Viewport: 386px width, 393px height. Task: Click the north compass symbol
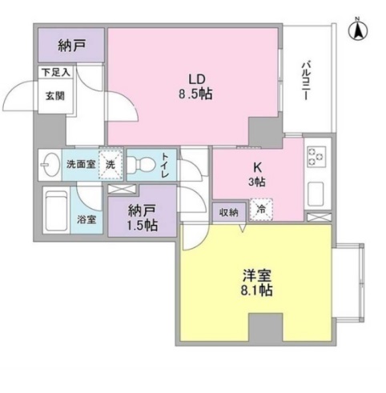[358, 30]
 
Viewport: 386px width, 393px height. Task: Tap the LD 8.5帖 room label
[195, 87]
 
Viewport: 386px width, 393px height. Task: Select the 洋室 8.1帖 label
[257, 283]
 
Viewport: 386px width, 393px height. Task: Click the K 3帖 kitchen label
[257, 174]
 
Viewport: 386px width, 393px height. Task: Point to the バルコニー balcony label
[306, 81]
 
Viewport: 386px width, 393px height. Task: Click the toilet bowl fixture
[141, 163]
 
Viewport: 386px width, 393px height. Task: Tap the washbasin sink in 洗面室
[50, 165]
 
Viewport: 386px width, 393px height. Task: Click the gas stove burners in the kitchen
[316, 157]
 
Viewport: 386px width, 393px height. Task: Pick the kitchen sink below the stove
[316, 194]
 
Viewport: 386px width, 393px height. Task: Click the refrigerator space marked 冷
[261, 210]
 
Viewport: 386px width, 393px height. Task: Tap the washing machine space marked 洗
[111, 165]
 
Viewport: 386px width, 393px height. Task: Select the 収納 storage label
[229, 213]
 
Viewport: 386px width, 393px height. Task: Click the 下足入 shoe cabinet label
[55, 72]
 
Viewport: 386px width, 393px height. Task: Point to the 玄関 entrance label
[55, 96]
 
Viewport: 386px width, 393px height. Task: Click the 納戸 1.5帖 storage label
[142, 218]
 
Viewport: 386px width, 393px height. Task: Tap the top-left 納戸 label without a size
[71, 46]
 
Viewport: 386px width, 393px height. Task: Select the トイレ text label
[165, 166]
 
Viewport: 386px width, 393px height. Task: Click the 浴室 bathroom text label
[86, 219]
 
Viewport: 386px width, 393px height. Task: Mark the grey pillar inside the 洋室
[266, 327]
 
